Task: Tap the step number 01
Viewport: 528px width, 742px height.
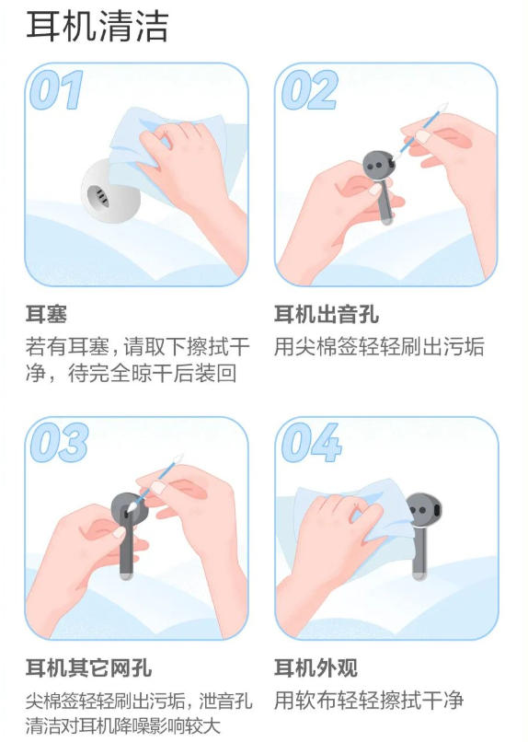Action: pos(57,89)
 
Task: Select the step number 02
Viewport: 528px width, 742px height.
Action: pos(310,89)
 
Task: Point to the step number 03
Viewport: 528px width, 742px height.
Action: pos(59,443)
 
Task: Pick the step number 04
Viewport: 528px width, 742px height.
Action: pos(311,443)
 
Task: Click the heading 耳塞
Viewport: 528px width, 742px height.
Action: pos(46,314)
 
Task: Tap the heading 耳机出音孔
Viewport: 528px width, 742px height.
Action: pos(327,314)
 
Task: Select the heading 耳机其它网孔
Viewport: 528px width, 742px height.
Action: pos(89,667)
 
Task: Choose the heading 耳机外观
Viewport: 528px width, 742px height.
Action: pos(316,667)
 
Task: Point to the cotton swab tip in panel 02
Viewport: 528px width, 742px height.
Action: pos(442,108)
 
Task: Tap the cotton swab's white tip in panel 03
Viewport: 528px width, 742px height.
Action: pos(178,459)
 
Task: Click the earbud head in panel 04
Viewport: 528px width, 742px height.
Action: pos(423,511)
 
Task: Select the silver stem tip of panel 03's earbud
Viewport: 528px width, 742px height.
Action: pos(126,575)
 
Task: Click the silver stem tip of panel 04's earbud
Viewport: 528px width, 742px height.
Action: pos(419,575)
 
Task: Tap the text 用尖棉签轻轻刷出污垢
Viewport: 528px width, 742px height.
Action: pos(379,346)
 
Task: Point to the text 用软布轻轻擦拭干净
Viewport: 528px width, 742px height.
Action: pos(369,700)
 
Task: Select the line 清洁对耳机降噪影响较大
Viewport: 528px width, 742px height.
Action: pos(124,725)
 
